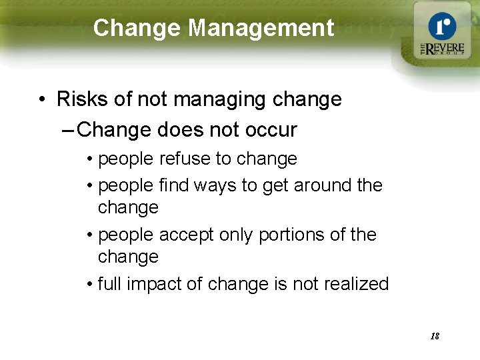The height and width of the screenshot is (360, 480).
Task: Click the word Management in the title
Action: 261,28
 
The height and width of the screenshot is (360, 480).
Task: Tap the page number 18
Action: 435,336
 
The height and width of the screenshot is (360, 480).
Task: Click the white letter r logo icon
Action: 442,27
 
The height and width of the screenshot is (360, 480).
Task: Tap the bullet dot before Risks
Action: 42,100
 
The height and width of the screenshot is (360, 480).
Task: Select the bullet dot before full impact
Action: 89,285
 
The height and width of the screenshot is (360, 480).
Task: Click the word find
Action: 172,185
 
